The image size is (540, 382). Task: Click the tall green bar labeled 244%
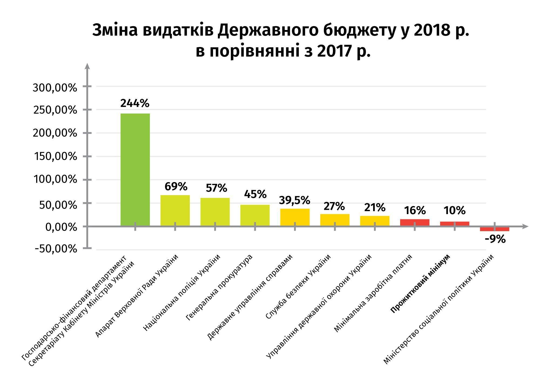coord(135,170)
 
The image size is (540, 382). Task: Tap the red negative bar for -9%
coord(494,229)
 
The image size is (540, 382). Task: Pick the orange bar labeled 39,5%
coord(295,217)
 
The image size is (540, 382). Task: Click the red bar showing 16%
coord(415,222)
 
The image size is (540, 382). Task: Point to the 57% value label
coord(216,188)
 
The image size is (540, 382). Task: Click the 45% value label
coord(255,194)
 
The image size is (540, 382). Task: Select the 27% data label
coord(334,207)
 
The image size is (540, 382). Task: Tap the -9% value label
coord(495,239)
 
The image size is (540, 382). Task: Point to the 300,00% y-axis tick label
coord(55,88)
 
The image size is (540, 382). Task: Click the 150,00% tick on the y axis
coord(55,157)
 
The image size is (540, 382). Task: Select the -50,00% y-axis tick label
coord(56,249)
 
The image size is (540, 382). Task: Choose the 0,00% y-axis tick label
coord(61,227)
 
